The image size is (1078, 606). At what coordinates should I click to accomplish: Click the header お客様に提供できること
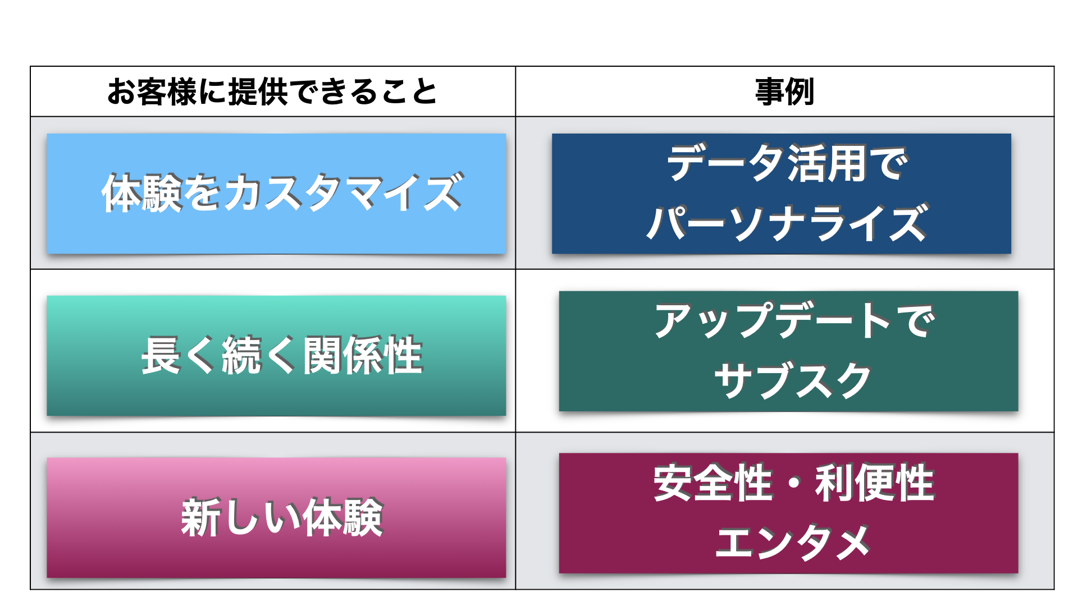point(272,92)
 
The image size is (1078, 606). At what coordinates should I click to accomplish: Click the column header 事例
point(784,92)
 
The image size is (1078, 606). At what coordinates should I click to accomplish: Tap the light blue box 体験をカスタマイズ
point(276,193)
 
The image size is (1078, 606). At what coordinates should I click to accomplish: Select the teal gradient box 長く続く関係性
point(276,356)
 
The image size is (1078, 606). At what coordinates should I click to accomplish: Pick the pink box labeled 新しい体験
point(276,517)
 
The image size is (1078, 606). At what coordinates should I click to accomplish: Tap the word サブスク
point(792,380)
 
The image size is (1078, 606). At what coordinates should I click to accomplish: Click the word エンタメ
point(792,543)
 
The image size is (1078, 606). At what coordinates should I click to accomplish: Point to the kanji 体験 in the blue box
point(143,193)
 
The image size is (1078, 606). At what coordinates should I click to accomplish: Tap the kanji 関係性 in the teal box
point(363,356)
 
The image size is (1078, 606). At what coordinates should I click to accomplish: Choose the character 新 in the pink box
point(200,517)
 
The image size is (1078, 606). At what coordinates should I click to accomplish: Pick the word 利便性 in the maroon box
point(875,483)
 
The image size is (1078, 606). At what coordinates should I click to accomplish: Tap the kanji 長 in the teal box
point(161,356)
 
